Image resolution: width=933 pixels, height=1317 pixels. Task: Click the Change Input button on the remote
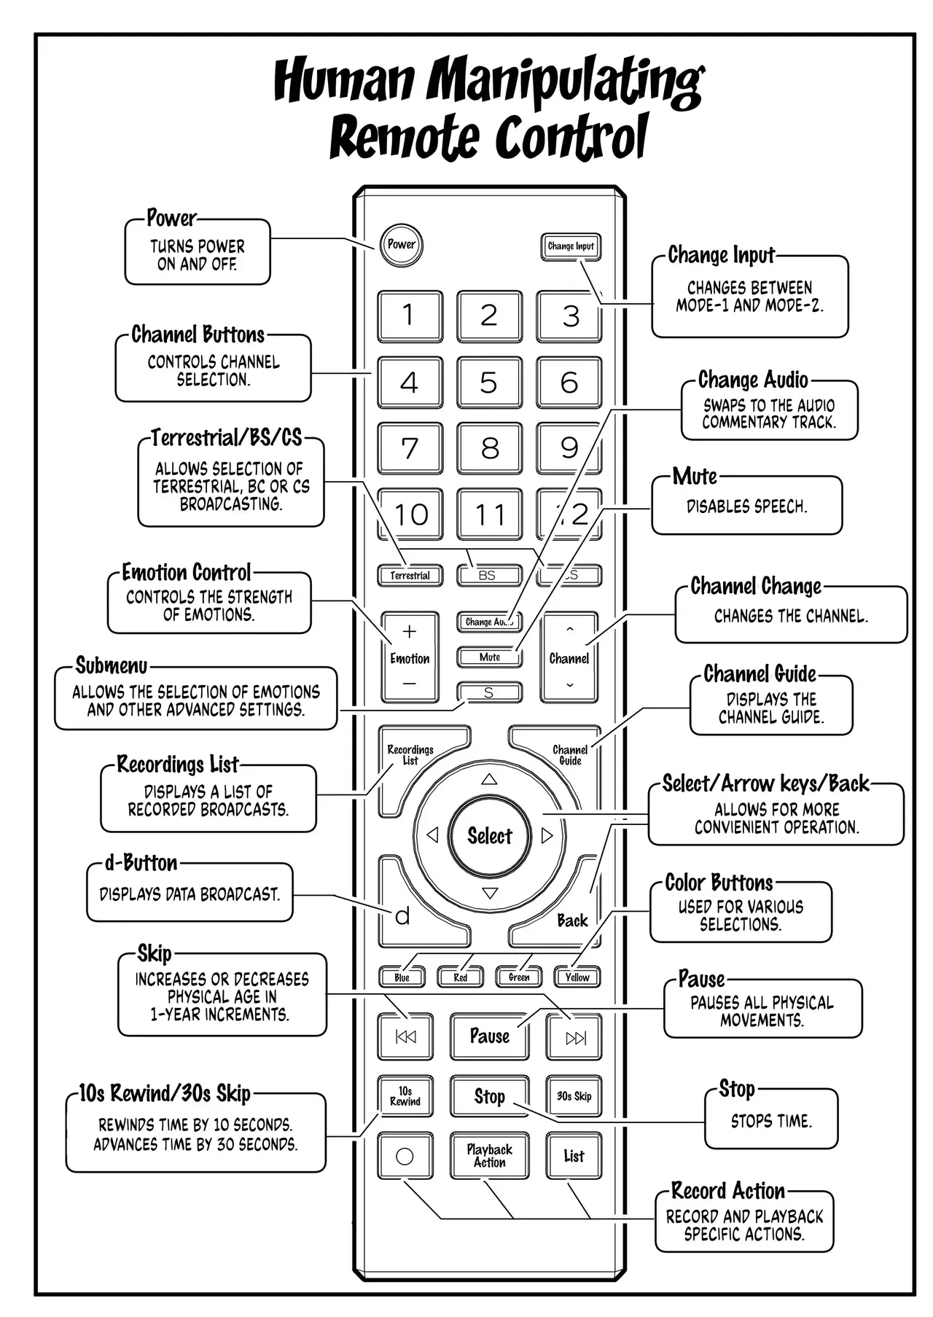[x=571, y=246]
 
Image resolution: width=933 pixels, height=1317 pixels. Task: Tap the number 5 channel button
[x=489, y=383]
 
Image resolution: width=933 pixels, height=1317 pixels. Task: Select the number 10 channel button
[x=410, y=515]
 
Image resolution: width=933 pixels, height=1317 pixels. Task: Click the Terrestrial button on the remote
[x=410, y=575]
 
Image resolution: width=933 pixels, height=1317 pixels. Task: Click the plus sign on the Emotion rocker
[x=410, y=631]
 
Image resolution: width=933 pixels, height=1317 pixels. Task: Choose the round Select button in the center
[x=490, y=835]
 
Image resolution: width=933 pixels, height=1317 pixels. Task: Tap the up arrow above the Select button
[x=489, y=780]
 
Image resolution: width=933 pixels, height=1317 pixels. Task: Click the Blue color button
[x=402, y=977]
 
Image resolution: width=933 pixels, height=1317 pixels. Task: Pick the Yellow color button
[x=577, y=977]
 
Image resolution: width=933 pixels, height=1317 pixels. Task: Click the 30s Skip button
[x=574, y=1096]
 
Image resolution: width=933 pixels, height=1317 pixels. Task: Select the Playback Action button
[x=489, y=1156]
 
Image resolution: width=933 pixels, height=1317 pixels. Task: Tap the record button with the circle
[x=405, y=1156]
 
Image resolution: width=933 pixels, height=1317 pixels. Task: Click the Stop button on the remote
[x=489, y=1096]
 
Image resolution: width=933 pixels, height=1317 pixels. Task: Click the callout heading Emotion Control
[x=187, y=572]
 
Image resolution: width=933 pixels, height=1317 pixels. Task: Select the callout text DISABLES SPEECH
[x=746, y=507]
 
